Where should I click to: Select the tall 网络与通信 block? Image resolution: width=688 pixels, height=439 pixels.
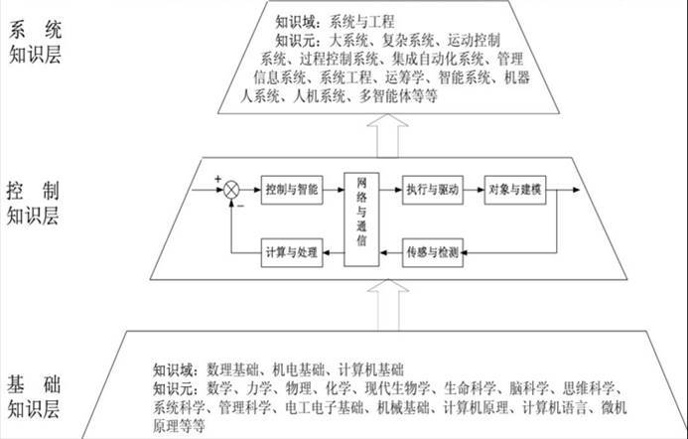362,219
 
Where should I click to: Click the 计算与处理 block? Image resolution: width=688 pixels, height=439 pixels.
292,252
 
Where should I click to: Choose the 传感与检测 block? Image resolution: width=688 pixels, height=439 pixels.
432,252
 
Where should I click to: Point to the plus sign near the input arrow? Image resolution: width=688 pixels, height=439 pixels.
216,179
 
